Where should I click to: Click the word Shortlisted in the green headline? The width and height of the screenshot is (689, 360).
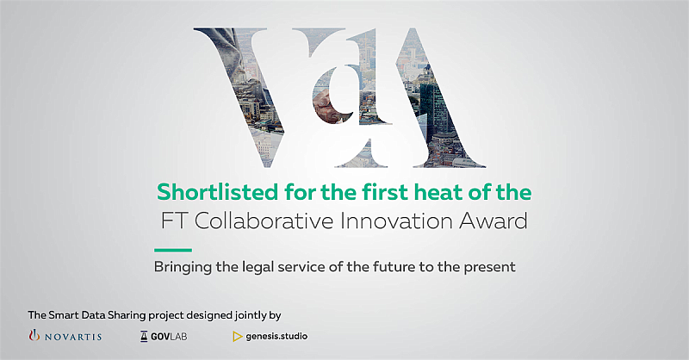[x=218, y=192]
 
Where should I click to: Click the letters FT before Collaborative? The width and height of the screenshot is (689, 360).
[x=175, y=221]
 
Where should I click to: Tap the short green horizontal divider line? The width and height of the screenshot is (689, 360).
[x=173, y=250]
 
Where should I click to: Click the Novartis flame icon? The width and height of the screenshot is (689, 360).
[x=34, y=336]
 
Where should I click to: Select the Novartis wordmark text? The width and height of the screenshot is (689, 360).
[x=73, y=337]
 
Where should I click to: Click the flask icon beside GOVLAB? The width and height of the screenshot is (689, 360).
[x=144, y=337]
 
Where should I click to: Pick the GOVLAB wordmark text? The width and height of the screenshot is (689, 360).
[x=169, y=337]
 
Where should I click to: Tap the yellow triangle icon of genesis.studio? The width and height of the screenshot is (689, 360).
[x=238, y=337]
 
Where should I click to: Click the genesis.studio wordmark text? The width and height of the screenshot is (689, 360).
[x=276, y=337]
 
